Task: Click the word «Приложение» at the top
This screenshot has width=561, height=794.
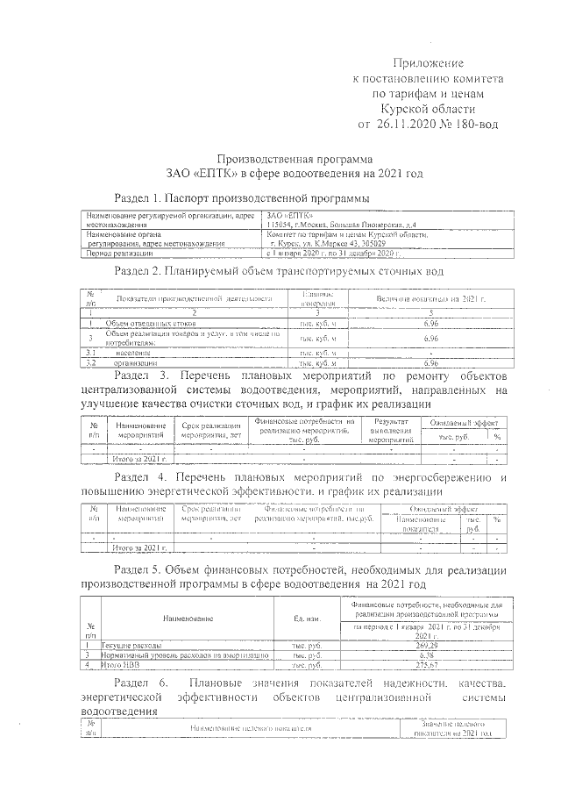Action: [x=426, y=63]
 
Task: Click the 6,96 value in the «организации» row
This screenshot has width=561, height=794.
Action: [x=430, y=362]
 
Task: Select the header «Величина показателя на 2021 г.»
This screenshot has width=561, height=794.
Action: [x=430, y=298]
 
